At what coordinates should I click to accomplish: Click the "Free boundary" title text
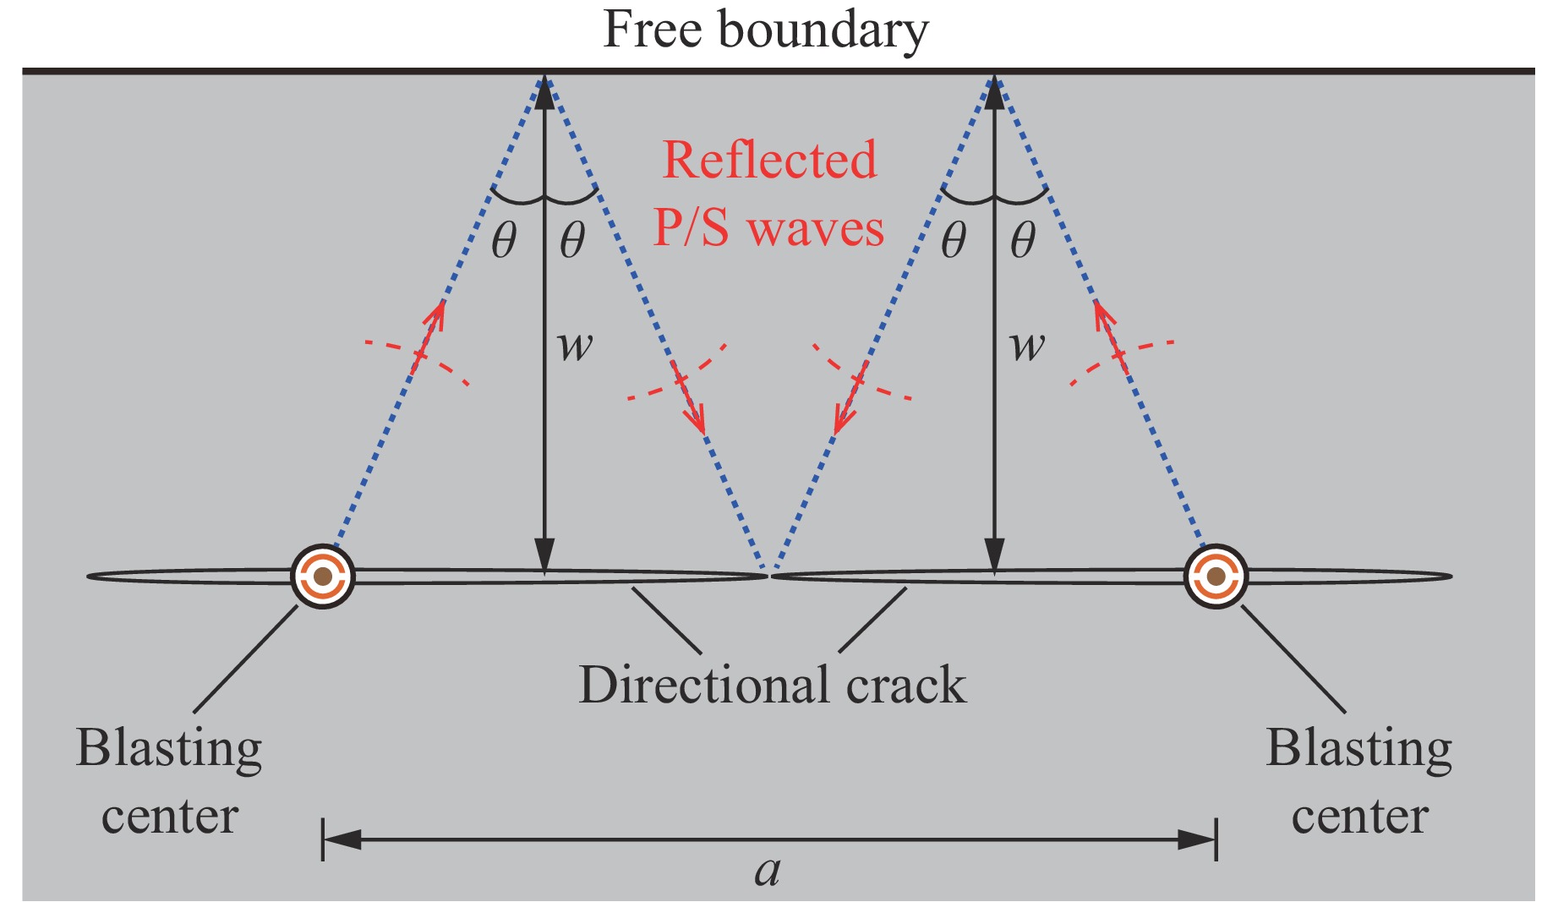click(x=766, y=30)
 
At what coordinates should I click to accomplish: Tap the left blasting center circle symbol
click(x=323, y=577)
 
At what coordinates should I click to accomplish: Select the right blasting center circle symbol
click(x=1216, y=577)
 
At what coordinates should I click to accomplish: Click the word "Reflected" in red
click(x=769, y=160)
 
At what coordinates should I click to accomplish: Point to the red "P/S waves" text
click(x=768, y=228)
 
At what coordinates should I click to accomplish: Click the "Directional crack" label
click(x=772, y=685)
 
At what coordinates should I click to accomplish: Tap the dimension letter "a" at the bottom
click(x=768, y=872)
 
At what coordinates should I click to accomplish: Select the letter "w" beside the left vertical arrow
click(x=576, y=346)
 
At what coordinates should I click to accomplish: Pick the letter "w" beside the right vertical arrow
click(x=1027, y=346)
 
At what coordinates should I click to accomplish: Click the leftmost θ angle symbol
click(x=504, y=242)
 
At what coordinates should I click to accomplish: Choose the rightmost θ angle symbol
click(x=1023, y=242)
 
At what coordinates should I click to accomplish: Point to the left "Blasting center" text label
click(x=169, y=782)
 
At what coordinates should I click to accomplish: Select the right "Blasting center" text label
click(x=1359, y=782)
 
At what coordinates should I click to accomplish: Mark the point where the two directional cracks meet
click(x=768, y=576)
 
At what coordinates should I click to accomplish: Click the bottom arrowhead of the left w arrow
click(x=545, y=558)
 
